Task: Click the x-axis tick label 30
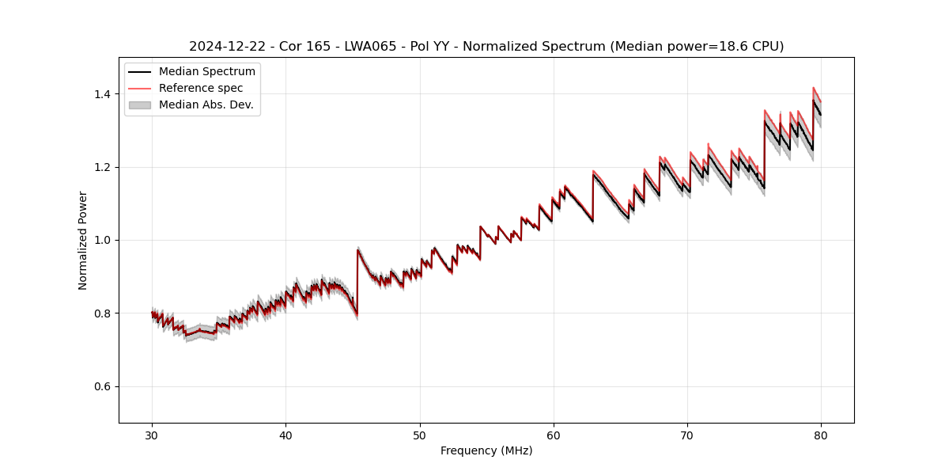[x=153, y=435]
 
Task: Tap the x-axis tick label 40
[x=286, y=435]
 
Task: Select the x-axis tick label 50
[x=420, y=435]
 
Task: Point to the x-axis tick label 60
[x=554, y=435]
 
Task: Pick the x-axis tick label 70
[x=687, y=435]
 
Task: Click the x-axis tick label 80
[x=821, y=435]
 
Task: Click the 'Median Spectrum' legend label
[x=207, y=72]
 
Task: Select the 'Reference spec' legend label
[x=201, y=89]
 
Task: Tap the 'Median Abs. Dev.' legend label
[x=206, y=104]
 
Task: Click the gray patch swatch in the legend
[x=140, y=104]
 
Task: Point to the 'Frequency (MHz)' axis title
[x=486, y=451]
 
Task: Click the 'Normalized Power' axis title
[x=83, y=240]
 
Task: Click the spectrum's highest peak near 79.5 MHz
[x=813, y=88]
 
